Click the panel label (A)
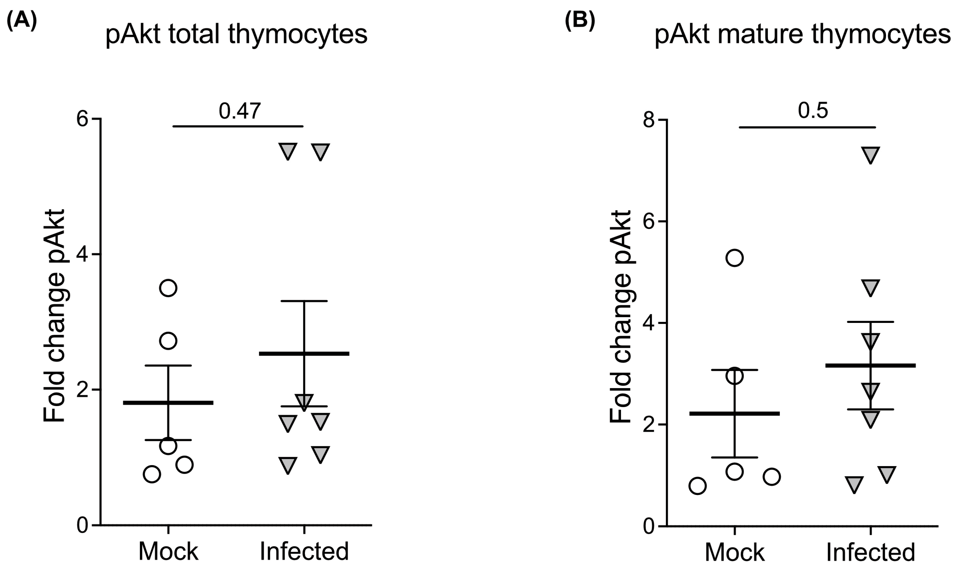click(22, 20)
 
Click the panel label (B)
click(580, 20)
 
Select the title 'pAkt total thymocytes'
click(236, 35)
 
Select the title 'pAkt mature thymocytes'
click(802, 35)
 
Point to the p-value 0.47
click(240, 111)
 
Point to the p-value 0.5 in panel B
click(813, 111)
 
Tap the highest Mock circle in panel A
click(168, 288)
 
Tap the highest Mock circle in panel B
click(735, 258)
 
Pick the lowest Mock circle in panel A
click(152, 474)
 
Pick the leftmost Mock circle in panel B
click(697, 486)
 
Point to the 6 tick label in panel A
click(83, 119)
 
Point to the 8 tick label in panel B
click(649, 120)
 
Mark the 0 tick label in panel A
click(83, 525)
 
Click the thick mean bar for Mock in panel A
click(168, 403)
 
